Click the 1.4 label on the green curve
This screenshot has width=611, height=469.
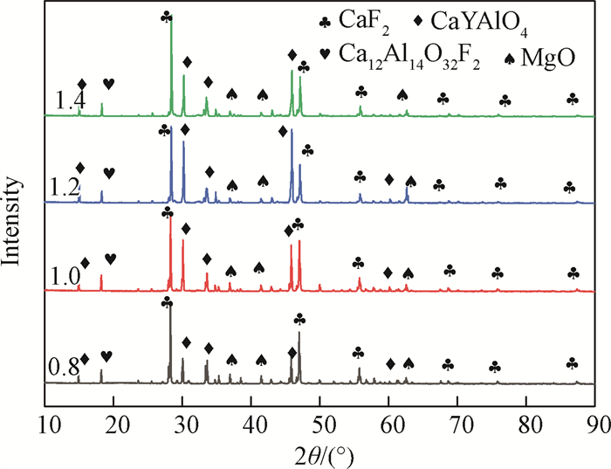[x=66, y=102]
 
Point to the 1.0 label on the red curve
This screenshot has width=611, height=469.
[x=66, y=278]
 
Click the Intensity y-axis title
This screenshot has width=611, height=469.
[x=15, y=223]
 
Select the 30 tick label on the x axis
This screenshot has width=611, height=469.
[x=183, y=423]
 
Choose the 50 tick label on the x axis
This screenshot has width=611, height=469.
[x=321, y=423]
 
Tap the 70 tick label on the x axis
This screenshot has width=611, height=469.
[x=458, y=423]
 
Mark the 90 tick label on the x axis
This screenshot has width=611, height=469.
[x=595, y=423]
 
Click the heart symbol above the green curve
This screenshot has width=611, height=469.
[x=108, y=84]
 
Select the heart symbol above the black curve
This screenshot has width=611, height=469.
[x=106, y=355]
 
